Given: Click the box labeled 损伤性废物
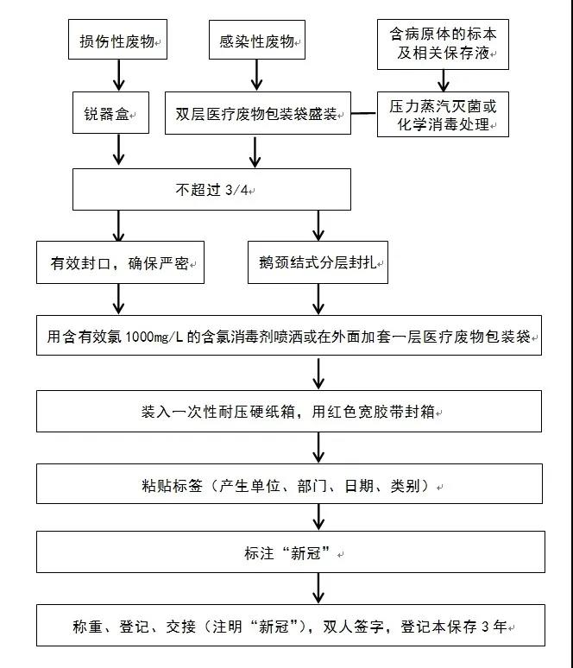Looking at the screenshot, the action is point(117,39).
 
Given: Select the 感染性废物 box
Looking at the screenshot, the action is point(257,39).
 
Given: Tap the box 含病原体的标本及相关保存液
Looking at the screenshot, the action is point(443,44).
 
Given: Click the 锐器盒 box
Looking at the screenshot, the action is point(110,112).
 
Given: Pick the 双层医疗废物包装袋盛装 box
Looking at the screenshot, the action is point(258,113).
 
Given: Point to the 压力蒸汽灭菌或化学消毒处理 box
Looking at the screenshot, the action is point(443,114).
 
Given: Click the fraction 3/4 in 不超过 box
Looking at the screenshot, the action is point(236,190).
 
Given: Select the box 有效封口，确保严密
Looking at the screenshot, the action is point(120,262).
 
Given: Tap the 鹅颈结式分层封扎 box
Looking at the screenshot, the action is point(318,262).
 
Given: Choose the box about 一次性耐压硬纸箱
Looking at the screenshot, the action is point(289,411).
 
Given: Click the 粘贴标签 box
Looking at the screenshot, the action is point(289,483).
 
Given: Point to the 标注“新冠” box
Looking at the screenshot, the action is point(291,551).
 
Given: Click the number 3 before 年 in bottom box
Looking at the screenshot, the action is point(486,627).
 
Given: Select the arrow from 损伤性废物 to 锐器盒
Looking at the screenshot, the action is point(118,75).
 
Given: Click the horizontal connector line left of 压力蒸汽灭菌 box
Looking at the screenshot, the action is point(364,113).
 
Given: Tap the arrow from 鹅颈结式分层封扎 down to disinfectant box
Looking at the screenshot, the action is point(318,299).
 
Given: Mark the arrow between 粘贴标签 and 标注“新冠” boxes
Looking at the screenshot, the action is point(318,517).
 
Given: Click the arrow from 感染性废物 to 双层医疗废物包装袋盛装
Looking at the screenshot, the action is point(256,75).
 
